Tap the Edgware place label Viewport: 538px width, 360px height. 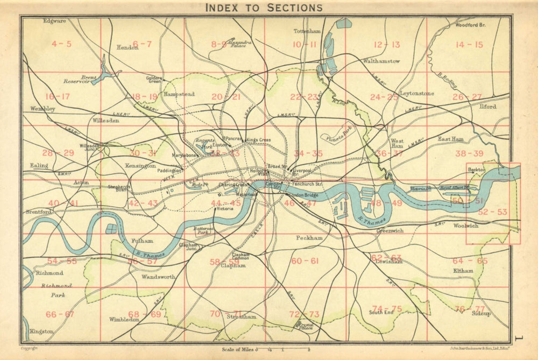[55, 21]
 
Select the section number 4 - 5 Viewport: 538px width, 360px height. [61, 44]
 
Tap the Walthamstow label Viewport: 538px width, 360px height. [381, 61]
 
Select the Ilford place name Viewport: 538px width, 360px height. [488, 107]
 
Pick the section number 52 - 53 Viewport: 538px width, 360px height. [492, 212]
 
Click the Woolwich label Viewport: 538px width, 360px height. [465, 226]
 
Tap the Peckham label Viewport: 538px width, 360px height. [309, 237]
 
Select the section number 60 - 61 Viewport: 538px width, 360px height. [305, 261]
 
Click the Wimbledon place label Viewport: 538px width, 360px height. [125, 320]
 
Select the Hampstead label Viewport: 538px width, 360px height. [179, 94]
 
